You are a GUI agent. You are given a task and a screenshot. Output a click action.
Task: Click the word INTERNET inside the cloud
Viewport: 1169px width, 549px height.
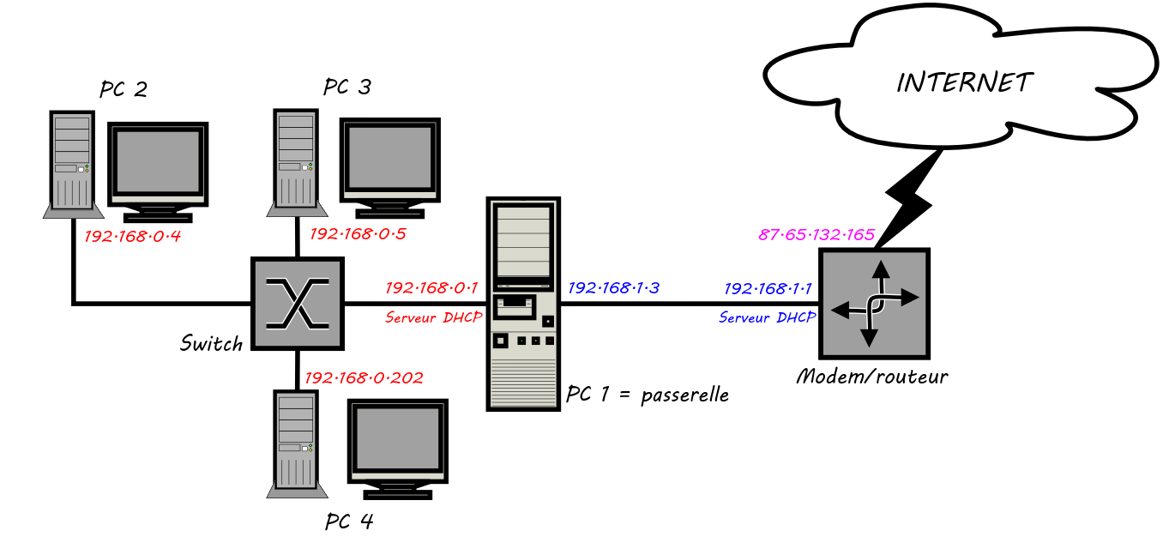(964, 82)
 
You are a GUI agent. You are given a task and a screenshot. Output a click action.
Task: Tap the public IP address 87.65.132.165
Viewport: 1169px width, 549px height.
(816, 235)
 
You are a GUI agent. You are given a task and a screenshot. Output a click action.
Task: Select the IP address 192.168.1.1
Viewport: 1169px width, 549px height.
(768, 289)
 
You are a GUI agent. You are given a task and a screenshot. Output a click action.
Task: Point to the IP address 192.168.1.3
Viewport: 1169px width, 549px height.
(613, 288)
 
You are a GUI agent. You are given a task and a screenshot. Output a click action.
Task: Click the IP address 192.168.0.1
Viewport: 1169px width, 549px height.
(431, 288)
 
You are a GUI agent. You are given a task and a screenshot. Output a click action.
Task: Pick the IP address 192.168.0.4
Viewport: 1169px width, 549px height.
(133, 236)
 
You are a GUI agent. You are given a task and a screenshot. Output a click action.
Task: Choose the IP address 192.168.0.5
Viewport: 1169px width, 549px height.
(357, 233)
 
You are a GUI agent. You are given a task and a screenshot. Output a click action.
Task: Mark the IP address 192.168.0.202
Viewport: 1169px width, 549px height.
(364, 377)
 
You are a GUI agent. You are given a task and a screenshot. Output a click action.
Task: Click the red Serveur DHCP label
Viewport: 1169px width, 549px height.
(433, 317)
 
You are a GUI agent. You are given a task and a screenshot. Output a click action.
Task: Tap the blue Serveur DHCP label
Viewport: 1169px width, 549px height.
(767, 317)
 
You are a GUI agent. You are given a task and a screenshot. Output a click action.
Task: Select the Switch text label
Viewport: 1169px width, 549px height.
(211, 344)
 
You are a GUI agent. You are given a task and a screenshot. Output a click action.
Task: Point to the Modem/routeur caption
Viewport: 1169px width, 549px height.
(872, 377)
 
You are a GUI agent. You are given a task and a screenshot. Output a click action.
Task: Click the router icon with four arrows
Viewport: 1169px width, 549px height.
(874, 303)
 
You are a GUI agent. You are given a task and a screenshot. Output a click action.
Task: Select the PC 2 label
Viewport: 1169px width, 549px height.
(124, 89)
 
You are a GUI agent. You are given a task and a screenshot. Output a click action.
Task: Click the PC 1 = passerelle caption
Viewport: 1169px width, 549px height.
(648, 395)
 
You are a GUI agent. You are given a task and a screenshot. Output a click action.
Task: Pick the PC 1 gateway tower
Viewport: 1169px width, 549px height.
(522, 304)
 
